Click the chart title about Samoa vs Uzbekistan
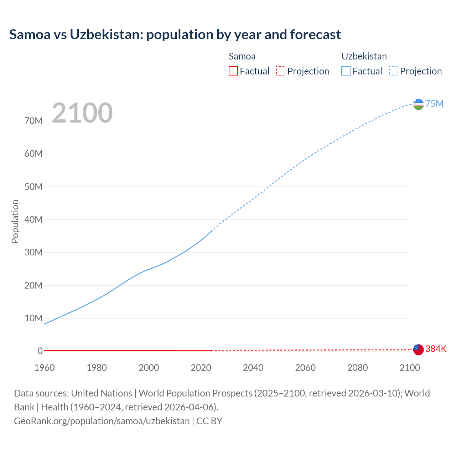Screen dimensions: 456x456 (x=175, y=35)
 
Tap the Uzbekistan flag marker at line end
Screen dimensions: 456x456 (x=418, y=104)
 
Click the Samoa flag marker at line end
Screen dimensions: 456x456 (x=418, y=349)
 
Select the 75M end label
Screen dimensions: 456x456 (x=434, y=104)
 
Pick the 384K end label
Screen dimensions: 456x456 (x=436, y=349)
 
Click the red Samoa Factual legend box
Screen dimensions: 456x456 (x=233, y=71)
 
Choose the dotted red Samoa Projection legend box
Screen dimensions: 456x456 (x=281, y=71)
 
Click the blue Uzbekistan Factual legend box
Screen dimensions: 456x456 (x=346, y=71)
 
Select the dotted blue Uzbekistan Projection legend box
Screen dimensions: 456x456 (x=393, y=71)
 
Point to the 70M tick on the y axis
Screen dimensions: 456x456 (x=33, y=121)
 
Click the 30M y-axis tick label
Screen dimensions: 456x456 (x=33, y=253)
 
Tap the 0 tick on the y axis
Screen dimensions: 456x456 (x=40, y=351)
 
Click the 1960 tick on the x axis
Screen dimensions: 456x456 (x=45, y=368)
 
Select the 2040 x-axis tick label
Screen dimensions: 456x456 (x=253, y=368)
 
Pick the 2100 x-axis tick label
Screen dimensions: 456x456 (x=410, y=368)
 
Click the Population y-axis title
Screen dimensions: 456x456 (x=15, y=221)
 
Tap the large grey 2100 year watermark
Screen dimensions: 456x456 (x=82, y=113)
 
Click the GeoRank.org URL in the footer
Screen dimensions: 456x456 (x=102, y=421)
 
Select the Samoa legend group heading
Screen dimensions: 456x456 (x=242, y=56)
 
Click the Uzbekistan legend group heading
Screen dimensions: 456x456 (x=364, y=56)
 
